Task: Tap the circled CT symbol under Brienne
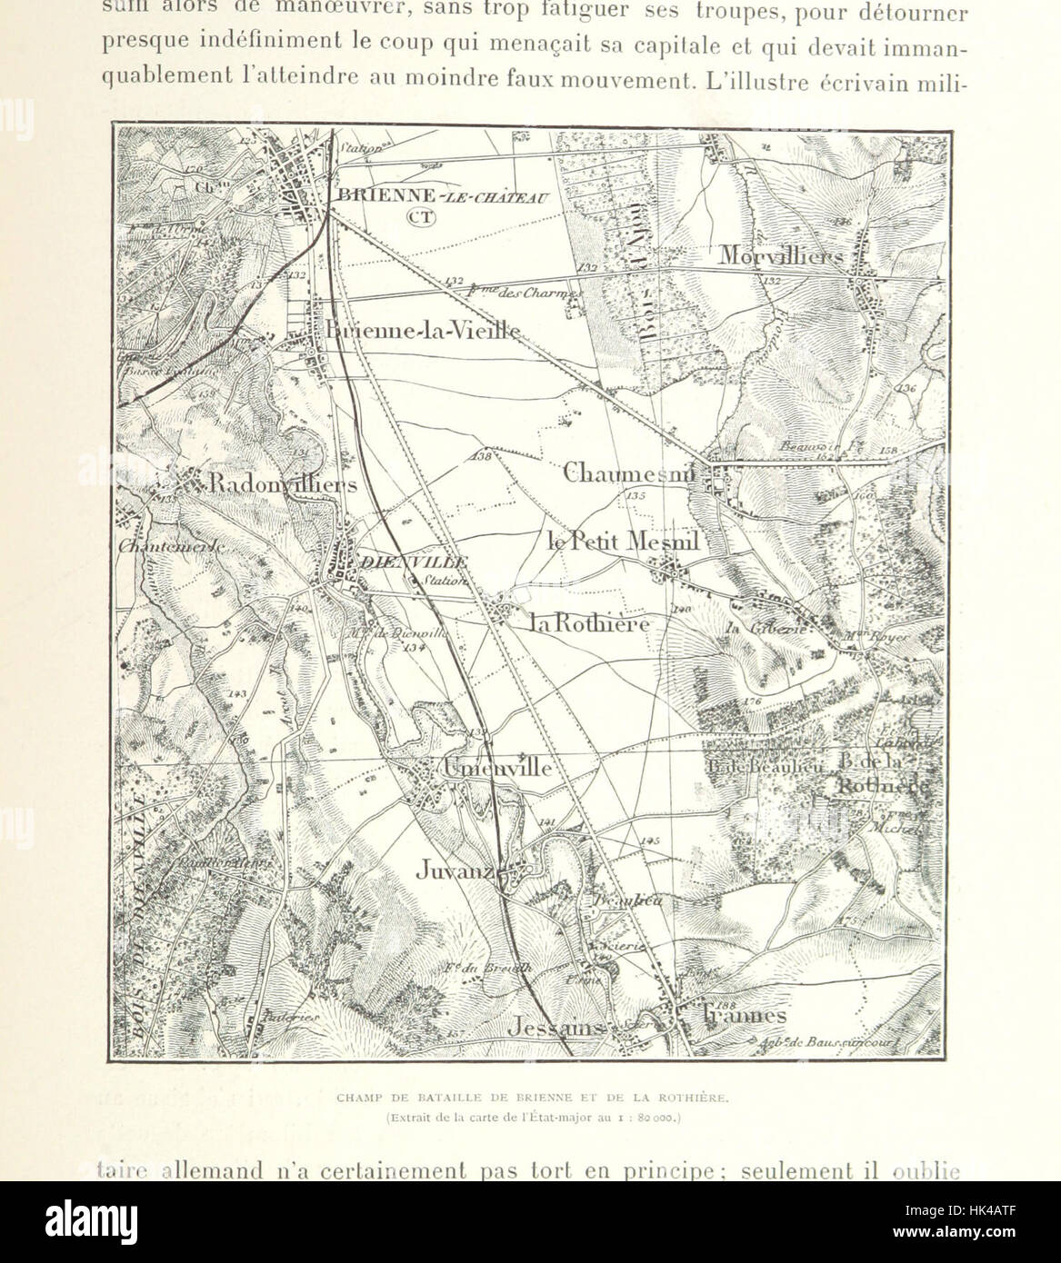(x=421, y=216)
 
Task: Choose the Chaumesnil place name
(x=628, y=472)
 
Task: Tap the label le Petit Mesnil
(x=624, y=542)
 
